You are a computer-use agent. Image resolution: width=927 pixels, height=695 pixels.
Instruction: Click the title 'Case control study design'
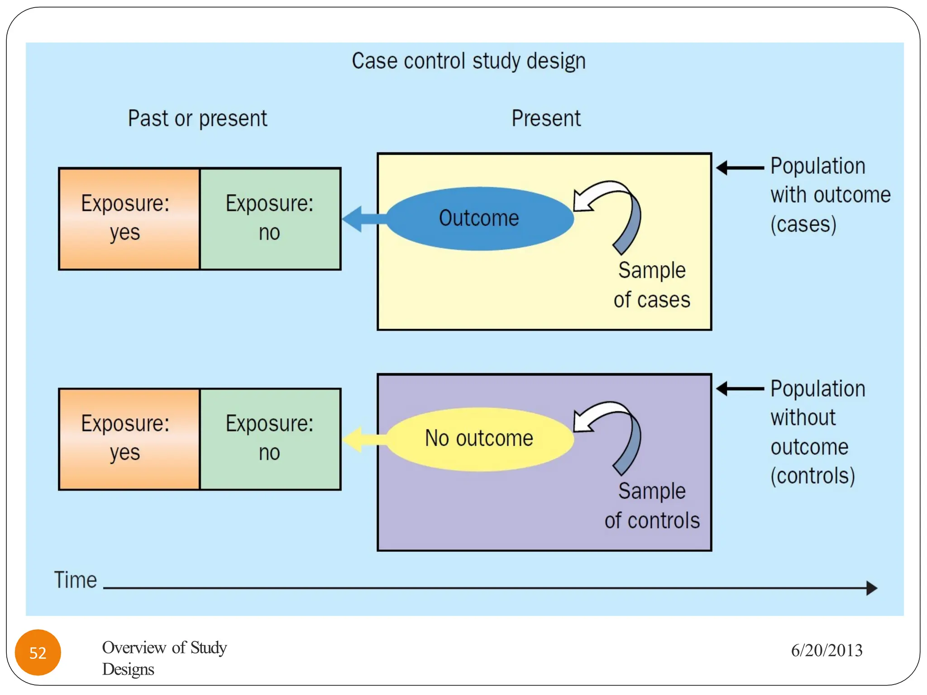(468, 61)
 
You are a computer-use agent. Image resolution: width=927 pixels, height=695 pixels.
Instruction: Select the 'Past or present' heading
(197, 119)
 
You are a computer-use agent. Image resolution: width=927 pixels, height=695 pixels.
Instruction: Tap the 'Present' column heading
(546, 119)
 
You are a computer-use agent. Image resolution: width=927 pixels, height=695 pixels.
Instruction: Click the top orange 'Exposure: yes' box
(129, 219)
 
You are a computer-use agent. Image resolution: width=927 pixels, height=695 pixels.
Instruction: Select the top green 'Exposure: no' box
(270, 219)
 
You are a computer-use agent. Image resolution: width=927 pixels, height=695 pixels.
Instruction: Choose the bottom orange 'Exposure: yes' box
(129, 439)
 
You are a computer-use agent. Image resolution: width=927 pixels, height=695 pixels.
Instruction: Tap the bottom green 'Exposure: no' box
(270, 439)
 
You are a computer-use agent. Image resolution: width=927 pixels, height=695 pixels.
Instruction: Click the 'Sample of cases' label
(652, 285)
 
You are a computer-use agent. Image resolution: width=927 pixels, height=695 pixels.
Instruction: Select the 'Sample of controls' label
(652, 506)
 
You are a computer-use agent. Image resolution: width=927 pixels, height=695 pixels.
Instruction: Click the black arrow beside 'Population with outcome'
(740, 168)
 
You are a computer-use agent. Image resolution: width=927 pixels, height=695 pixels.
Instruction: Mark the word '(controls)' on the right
(812, 476)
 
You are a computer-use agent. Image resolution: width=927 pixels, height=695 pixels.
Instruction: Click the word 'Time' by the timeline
(76, 580)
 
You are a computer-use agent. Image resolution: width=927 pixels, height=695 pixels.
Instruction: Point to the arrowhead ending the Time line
(871, 588)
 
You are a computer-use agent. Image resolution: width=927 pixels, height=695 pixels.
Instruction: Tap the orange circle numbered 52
(38, 652)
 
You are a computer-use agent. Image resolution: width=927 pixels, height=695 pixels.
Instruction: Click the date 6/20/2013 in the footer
(827, 651)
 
